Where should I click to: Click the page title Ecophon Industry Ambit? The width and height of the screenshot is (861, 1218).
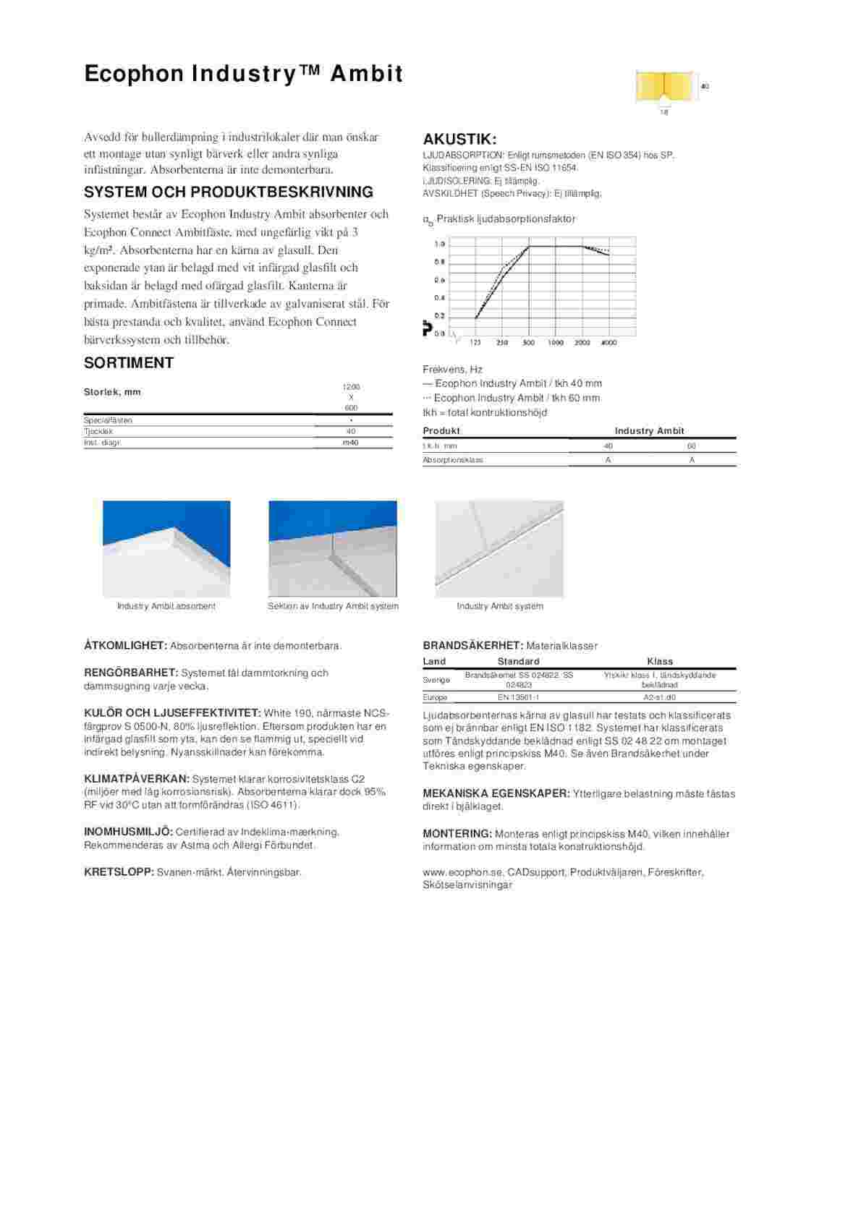[x=243, y=74]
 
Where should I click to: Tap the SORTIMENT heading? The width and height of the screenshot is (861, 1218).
[x=129, y=362]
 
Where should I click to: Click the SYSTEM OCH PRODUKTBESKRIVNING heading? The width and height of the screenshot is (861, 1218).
[x=229, y=192]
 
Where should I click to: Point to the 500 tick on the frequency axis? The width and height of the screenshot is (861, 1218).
[x=528, y=343]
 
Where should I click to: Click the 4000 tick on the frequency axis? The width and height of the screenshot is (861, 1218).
[x=609, y=343]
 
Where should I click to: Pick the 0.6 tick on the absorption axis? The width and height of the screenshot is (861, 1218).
[x=439, y=280]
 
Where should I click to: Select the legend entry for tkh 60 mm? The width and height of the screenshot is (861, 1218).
[x=512, y=398]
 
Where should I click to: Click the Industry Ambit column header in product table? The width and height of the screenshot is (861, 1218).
[x=649, y=430]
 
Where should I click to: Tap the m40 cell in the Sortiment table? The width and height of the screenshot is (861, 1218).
[x=351, y=443]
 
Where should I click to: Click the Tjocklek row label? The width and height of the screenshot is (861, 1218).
[x=98, y=431]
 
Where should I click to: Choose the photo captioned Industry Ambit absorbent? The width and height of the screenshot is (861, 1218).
[x=166, y=548]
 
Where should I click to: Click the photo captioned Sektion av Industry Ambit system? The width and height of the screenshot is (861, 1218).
[x=333, y=548]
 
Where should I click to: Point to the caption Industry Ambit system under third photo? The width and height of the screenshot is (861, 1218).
[x=499, y=606]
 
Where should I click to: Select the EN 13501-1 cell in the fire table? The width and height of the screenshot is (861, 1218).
[x=519, y=697]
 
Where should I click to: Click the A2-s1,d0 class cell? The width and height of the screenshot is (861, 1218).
[x=659, y=697]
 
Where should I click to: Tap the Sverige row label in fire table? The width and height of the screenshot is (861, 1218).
[x=436, y=680]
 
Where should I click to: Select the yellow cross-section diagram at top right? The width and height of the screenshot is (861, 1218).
[x=663, y=88]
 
